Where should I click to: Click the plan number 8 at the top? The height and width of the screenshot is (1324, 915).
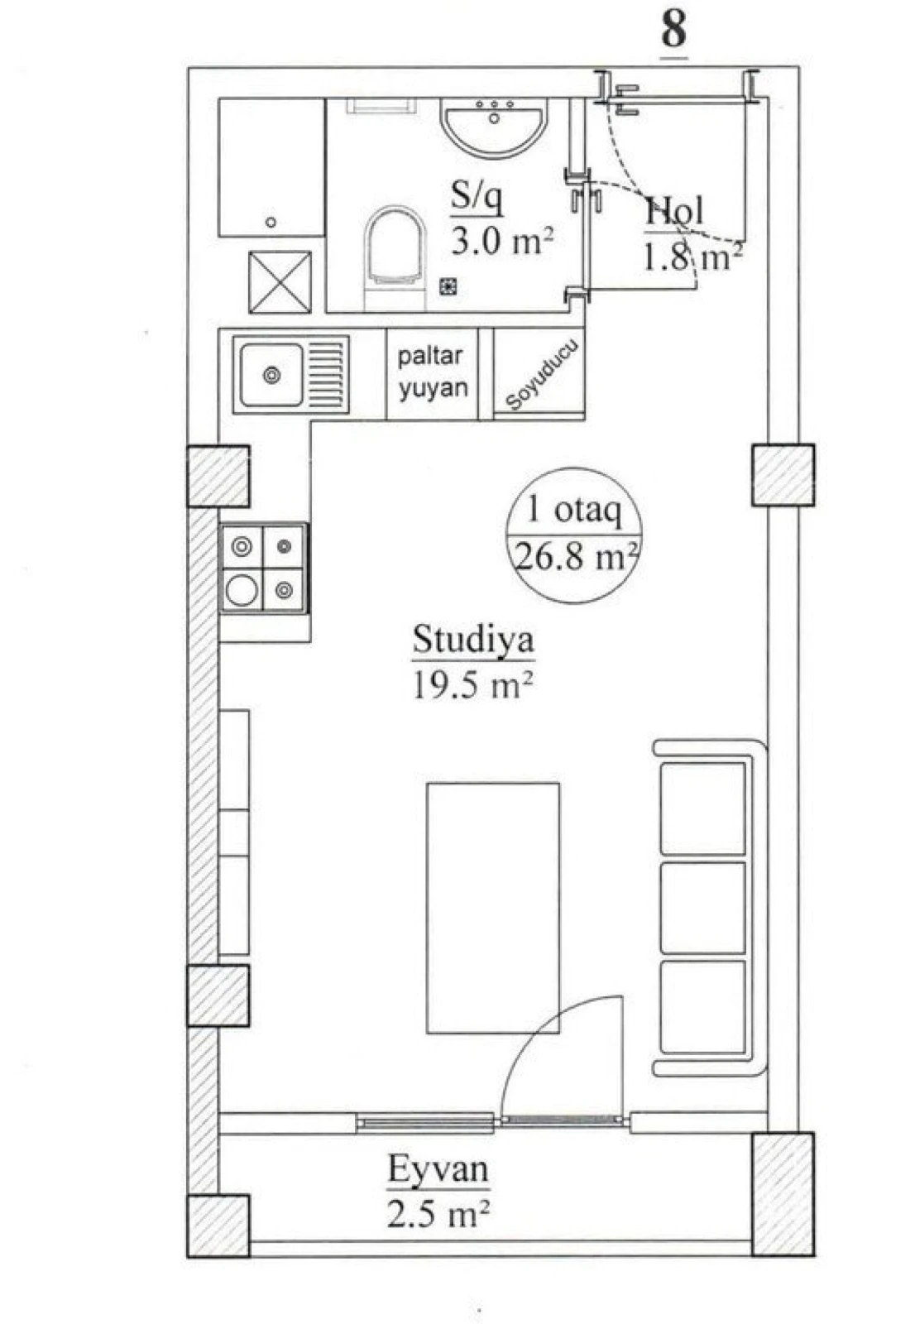[x=673, y=30]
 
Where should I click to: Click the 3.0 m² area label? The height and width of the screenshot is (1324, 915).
[x=501, y=242]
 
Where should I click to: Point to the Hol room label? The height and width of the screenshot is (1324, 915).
[x=674, y=212]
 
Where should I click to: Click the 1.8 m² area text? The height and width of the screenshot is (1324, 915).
[x=692, y=257]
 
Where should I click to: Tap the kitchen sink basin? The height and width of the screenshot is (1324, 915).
[x=271, y=375]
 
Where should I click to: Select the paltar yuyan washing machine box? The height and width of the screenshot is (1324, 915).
[x=432, y=373]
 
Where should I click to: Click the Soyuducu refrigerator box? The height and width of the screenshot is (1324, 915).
[x=540, y=374]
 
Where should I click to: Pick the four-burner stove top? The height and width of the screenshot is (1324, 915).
[x=263, y=568]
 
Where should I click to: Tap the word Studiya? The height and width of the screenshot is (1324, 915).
[x=472, y=640]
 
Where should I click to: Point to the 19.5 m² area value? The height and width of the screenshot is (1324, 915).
[x=472, y=685]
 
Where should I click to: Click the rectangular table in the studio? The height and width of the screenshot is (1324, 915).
[x=493, y=908]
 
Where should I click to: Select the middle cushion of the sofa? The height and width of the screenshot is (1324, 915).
[x=702, y=907]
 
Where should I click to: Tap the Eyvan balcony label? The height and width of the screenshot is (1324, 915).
[x=438, y=1170]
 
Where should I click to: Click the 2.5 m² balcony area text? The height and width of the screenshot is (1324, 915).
[x=438, y=1214]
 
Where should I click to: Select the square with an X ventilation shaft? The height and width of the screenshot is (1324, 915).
[x=280, y=282]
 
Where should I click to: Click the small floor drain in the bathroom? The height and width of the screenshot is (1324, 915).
[x=448, y=286]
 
